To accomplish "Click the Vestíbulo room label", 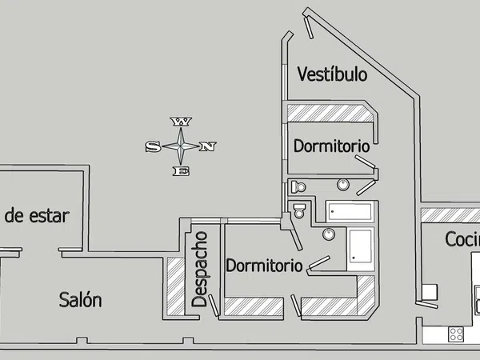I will tap(332, 75).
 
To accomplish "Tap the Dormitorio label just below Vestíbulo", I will tap(331, 146).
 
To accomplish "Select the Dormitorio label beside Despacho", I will tap(263, 266).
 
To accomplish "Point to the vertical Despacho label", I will tap(201, 269).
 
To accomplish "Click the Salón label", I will tap(81, 300).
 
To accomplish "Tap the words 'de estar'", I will tap(37, 215).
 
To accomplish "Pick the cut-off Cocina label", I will tap(462, 239).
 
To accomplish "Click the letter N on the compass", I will tap(208, 146).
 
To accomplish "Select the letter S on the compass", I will tap(152, 147).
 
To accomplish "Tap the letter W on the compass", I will tap(182, 122).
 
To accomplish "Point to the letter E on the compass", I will tap(182, 171).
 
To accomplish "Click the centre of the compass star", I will tap(182, 146).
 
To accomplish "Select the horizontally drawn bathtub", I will tap(350, 213).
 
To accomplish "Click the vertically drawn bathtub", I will tap(360, 247).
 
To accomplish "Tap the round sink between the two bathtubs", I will tap(328, 234).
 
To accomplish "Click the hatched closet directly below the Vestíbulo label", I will tap(330, 113).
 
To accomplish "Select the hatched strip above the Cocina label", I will tap(450, 214).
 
